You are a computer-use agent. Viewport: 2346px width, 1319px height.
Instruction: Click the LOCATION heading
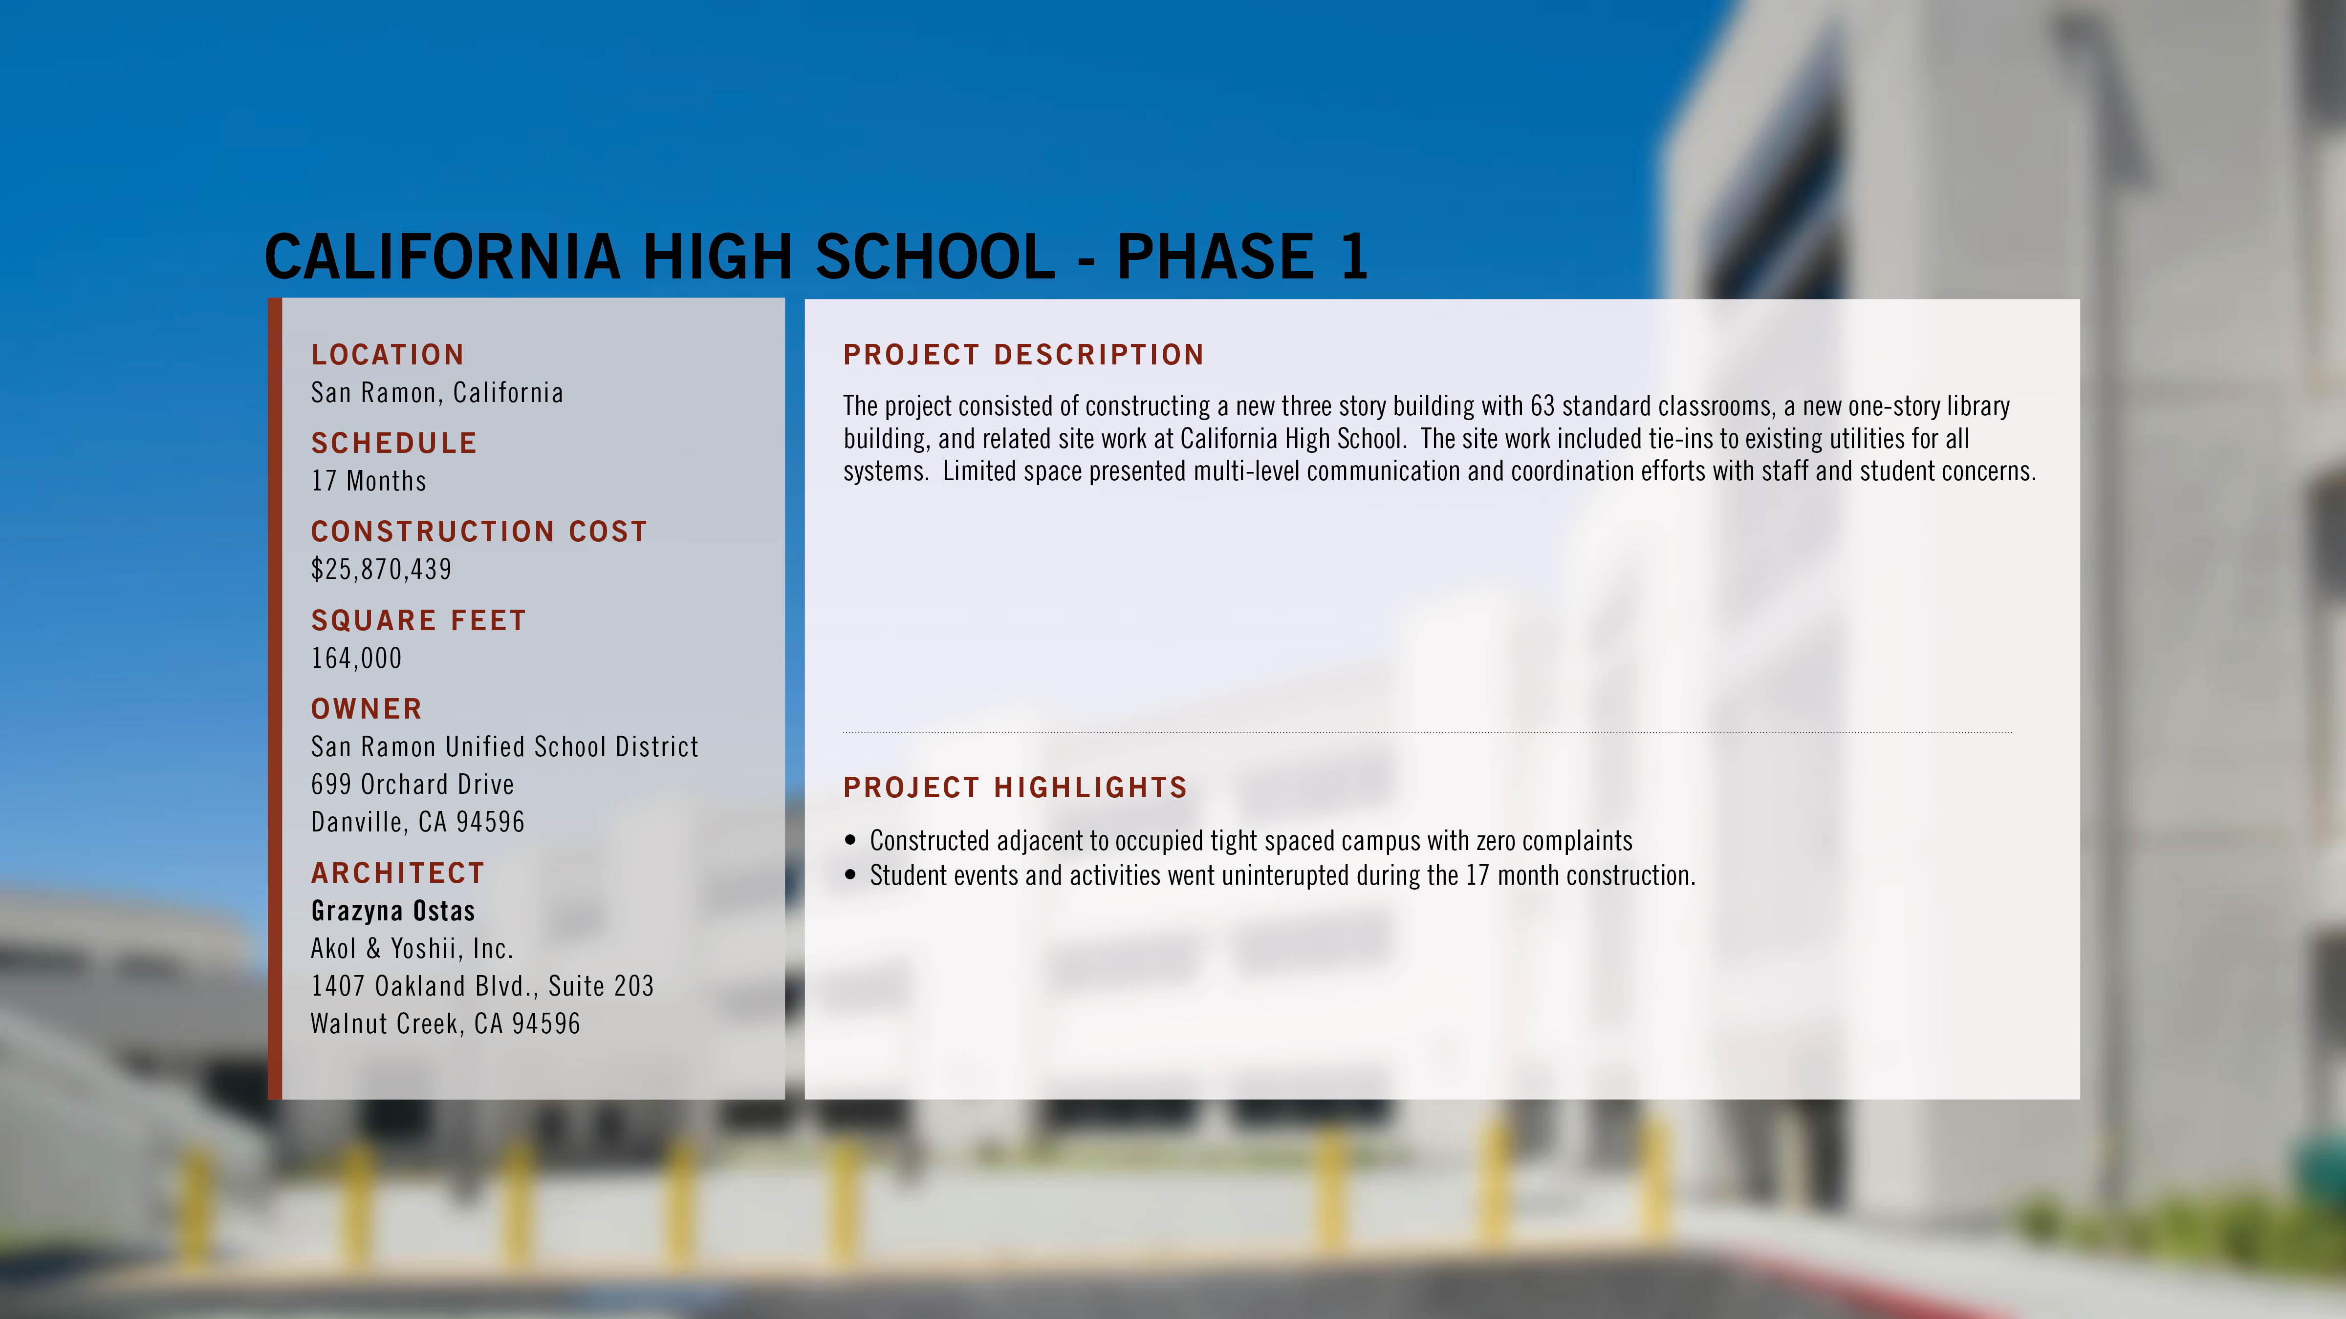[388, 355]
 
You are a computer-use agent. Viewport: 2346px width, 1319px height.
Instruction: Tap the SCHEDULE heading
[394, 443]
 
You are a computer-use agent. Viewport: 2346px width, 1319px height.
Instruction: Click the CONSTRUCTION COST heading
[479, 532]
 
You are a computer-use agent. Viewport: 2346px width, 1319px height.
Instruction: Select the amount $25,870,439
[382, 569]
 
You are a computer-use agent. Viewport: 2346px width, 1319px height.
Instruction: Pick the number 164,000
[356, 658]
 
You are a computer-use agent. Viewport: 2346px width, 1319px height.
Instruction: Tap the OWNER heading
[367, 709]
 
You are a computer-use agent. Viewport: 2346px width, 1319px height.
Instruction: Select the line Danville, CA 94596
[418, 822]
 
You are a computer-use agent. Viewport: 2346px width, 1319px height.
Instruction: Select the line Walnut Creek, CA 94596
[445, 1024]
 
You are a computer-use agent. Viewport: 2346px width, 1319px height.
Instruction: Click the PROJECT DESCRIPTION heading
[1023, 355]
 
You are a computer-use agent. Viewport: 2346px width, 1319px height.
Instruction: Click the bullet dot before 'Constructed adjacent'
[850, 840]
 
